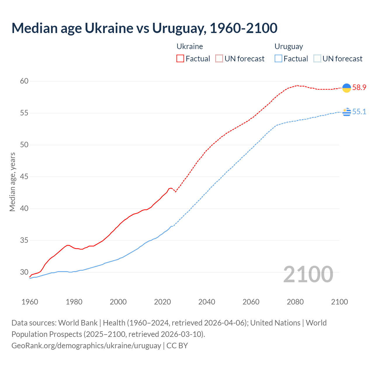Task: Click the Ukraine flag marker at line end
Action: click(x=347, y=88)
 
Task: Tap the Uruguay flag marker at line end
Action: click(x=347, y=112)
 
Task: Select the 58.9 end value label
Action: click(x=359, y=87)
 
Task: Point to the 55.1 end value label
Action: click(x=359, y=112)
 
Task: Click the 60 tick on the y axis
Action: click(x=24, y=81)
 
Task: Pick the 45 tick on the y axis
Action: click(x=24, y=177)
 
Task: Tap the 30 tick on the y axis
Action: click(x=24, y=272)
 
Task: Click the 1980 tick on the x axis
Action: click(x=74, y=302)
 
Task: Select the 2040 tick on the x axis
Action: click(x=207, y=302)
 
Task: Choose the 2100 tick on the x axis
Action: click(x=339, y=302)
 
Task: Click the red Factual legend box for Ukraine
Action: click(x=180, y=59)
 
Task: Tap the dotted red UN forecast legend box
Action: click(x=219, y=59)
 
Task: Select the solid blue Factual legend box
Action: click(x=278, y=59)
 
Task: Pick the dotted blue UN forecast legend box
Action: click(x=317, y=59)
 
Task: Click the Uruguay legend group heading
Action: click(x=289, y=46)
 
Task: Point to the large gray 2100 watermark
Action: click(x=308, y=274)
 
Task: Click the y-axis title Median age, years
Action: click(x=12, y=182)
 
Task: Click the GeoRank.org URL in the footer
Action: click(x=86, y=346)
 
